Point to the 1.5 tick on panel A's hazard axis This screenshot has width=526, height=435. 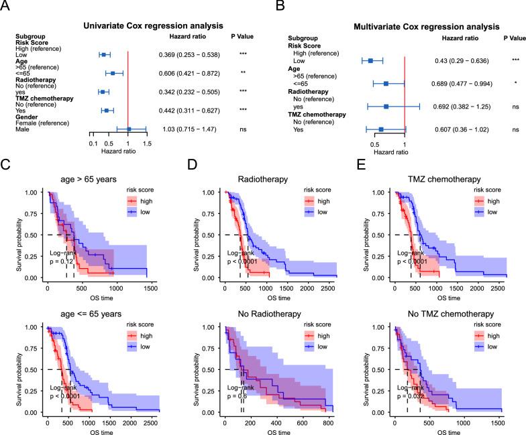pos(147,143)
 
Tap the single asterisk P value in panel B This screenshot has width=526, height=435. pos(515,84)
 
